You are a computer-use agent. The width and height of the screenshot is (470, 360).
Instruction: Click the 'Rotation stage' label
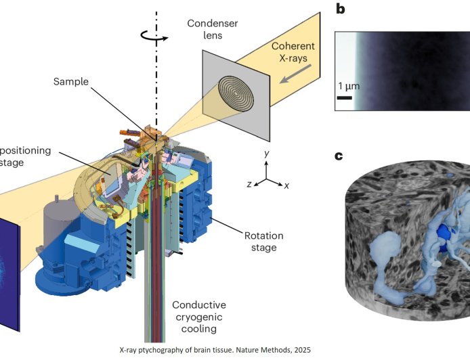click(265, 242)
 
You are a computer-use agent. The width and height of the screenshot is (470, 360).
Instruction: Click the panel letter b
click(341, 9)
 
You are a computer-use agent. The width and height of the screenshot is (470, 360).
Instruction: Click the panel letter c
click(340, 157)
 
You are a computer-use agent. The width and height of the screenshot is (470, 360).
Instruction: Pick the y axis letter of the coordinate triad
click(268, 154)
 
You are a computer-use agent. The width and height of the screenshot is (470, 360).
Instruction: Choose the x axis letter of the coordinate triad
click(288, 185)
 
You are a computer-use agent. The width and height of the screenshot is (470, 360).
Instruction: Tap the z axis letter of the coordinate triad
click(249, 184)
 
